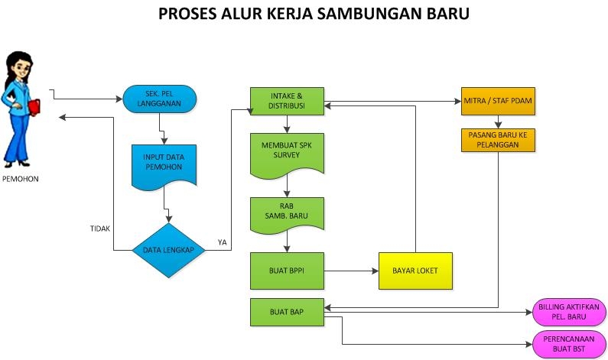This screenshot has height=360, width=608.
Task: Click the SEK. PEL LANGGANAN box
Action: [x=159, y=99]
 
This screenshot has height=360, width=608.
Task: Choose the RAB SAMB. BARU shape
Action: [x=287, y=215]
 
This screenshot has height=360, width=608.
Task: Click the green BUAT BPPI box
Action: [x=287, y=270]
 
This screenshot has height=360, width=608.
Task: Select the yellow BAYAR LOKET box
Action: [x=415, y=271]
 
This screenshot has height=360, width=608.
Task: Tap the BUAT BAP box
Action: [x=287, y=312]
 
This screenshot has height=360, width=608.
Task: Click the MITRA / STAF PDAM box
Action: [x=498, y=101]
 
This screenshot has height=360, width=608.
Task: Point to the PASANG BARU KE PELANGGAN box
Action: [x=498, y=139]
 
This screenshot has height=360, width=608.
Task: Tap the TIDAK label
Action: [x=99, y=227]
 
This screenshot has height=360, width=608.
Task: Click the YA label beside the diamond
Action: [x=222, y=242]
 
